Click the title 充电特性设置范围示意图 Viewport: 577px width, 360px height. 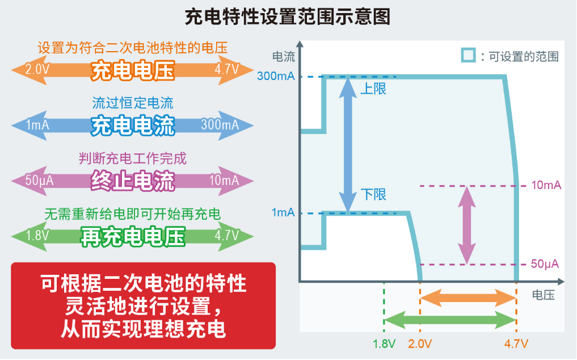point(288,17)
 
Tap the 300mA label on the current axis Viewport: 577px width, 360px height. point(276,77)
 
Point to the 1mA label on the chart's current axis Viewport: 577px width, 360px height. point(283,213)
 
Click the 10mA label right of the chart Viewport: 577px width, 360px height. point(546,186)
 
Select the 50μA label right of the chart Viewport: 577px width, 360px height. point(545,264)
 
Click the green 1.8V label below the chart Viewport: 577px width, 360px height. point(384,344)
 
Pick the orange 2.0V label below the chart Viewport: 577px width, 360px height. point(420,344)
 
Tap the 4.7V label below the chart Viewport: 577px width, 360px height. point(516,344)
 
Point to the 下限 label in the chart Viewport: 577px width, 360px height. point(373,195)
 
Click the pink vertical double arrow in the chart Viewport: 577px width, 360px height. point(466,225)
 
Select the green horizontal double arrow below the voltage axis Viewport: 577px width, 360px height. point(450,319)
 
